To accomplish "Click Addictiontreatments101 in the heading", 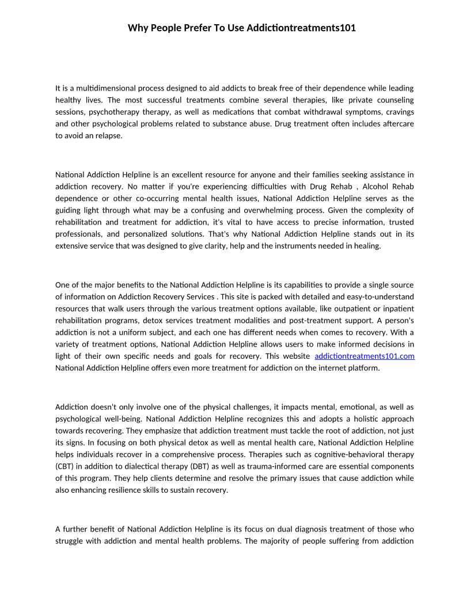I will click(301, 28).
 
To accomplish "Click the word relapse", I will click(109, 136).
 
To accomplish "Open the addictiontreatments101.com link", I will click(365, 356).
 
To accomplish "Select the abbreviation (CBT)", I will click(64, 466).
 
